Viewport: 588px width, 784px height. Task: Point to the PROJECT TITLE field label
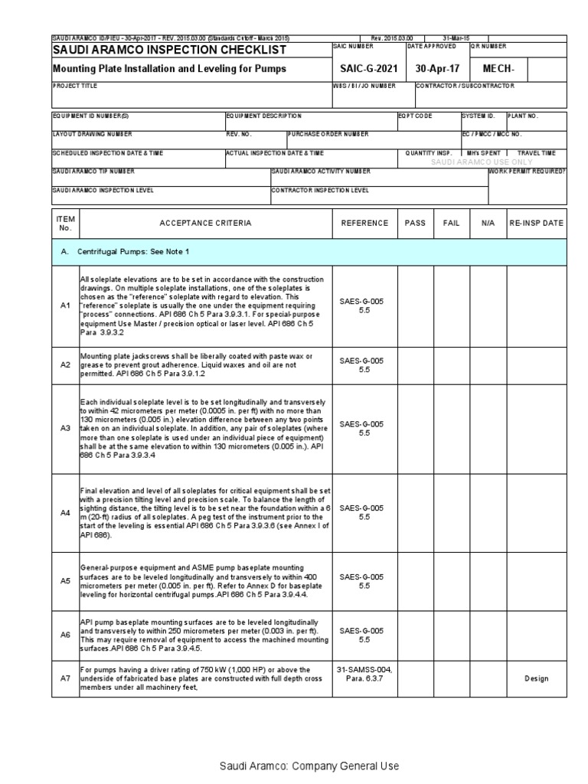coord(75,86)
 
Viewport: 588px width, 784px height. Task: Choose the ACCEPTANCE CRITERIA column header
coord(204,223)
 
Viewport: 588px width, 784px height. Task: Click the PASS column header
coord(415,223)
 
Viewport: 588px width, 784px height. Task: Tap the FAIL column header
coord(452,223)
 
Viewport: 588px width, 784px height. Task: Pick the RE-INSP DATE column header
coord(536,223)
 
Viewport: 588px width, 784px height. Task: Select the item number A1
coord(65,306)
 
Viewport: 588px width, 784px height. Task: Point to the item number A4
coord(65,512)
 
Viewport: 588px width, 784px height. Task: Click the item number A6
coord(65,635)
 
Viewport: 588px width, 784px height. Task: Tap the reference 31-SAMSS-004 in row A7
coord(364,669)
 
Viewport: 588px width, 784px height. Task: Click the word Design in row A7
coord(536,678)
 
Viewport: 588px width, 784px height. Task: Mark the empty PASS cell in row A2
coord(415,364)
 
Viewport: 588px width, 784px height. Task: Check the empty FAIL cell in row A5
coord(452,581)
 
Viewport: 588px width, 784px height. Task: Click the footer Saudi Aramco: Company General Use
coord(309,766)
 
